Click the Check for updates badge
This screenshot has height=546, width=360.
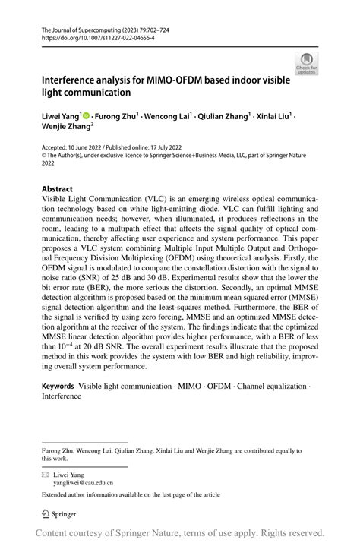pos(307,62)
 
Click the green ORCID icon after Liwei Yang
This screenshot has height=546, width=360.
pos(86,116)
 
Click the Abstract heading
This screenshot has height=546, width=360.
pos(58,188)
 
